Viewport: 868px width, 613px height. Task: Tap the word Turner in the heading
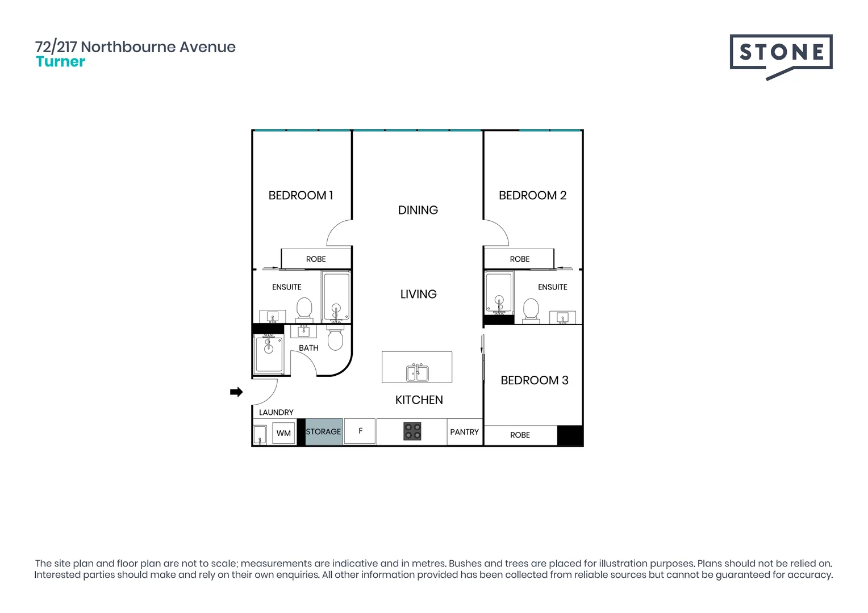60,62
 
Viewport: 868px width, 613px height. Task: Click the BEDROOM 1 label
301,195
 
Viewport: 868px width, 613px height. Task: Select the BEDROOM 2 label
532,195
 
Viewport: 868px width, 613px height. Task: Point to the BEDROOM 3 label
534,380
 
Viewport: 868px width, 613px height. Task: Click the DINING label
418,210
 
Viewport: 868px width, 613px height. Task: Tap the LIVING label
418,294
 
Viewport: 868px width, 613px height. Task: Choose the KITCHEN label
419,400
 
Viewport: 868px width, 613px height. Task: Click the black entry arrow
236,392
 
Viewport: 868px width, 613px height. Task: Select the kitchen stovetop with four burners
412,431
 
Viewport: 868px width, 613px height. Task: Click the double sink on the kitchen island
418,372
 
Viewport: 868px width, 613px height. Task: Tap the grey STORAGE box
323,431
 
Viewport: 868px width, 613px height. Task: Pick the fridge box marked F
360,431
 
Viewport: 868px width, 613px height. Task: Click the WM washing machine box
283,433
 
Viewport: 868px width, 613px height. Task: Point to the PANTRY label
464,432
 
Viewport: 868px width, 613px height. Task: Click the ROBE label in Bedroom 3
520,435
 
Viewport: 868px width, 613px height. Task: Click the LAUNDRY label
276,412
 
